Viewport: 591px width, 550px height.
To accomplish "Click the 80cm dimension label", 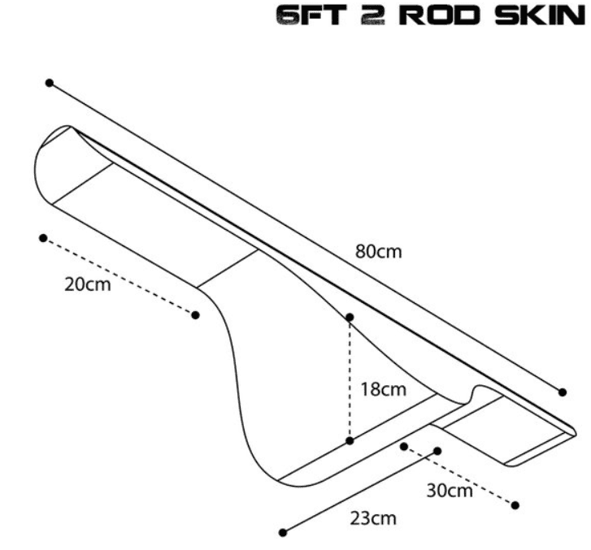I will click(x=378, y=251).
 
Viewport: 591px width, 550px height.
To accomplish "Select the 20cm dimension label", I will click(x=87, y=285).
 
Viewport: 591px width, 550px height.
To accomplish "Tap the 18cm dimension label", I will click(x=383, y=389).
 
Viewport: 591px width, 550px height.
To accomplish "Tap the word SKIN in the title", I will click(x=537, y=19).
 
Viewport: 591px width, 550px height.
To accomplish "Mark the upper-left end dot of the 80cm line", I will click(x=50, y=83).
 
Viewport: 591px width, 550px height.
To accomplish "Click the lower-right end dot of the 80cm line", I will click(x=563, y=392).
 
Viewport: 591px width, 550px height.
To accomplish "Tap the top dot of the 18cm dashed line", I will click(x=350, y=317).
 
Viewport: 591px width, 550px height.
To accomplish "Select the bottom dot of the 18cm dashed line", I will click(x=350, y=441).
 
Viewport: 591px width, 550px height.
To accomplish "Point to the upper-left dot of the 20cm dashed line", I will click(x=43, y=238).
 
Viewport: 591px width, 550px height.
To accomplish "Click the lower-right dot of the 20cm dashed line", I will click(x=195, y=315).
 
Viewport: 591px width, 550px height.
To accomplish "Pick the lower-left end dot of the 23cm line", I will click(x=283, y=533).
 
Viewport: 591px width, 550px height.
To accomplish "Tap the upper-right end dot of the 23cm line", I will click(x=437, y=450).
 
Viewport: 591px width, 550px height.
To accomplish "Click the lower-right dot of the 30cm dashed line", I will click(x=515, y=505).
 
